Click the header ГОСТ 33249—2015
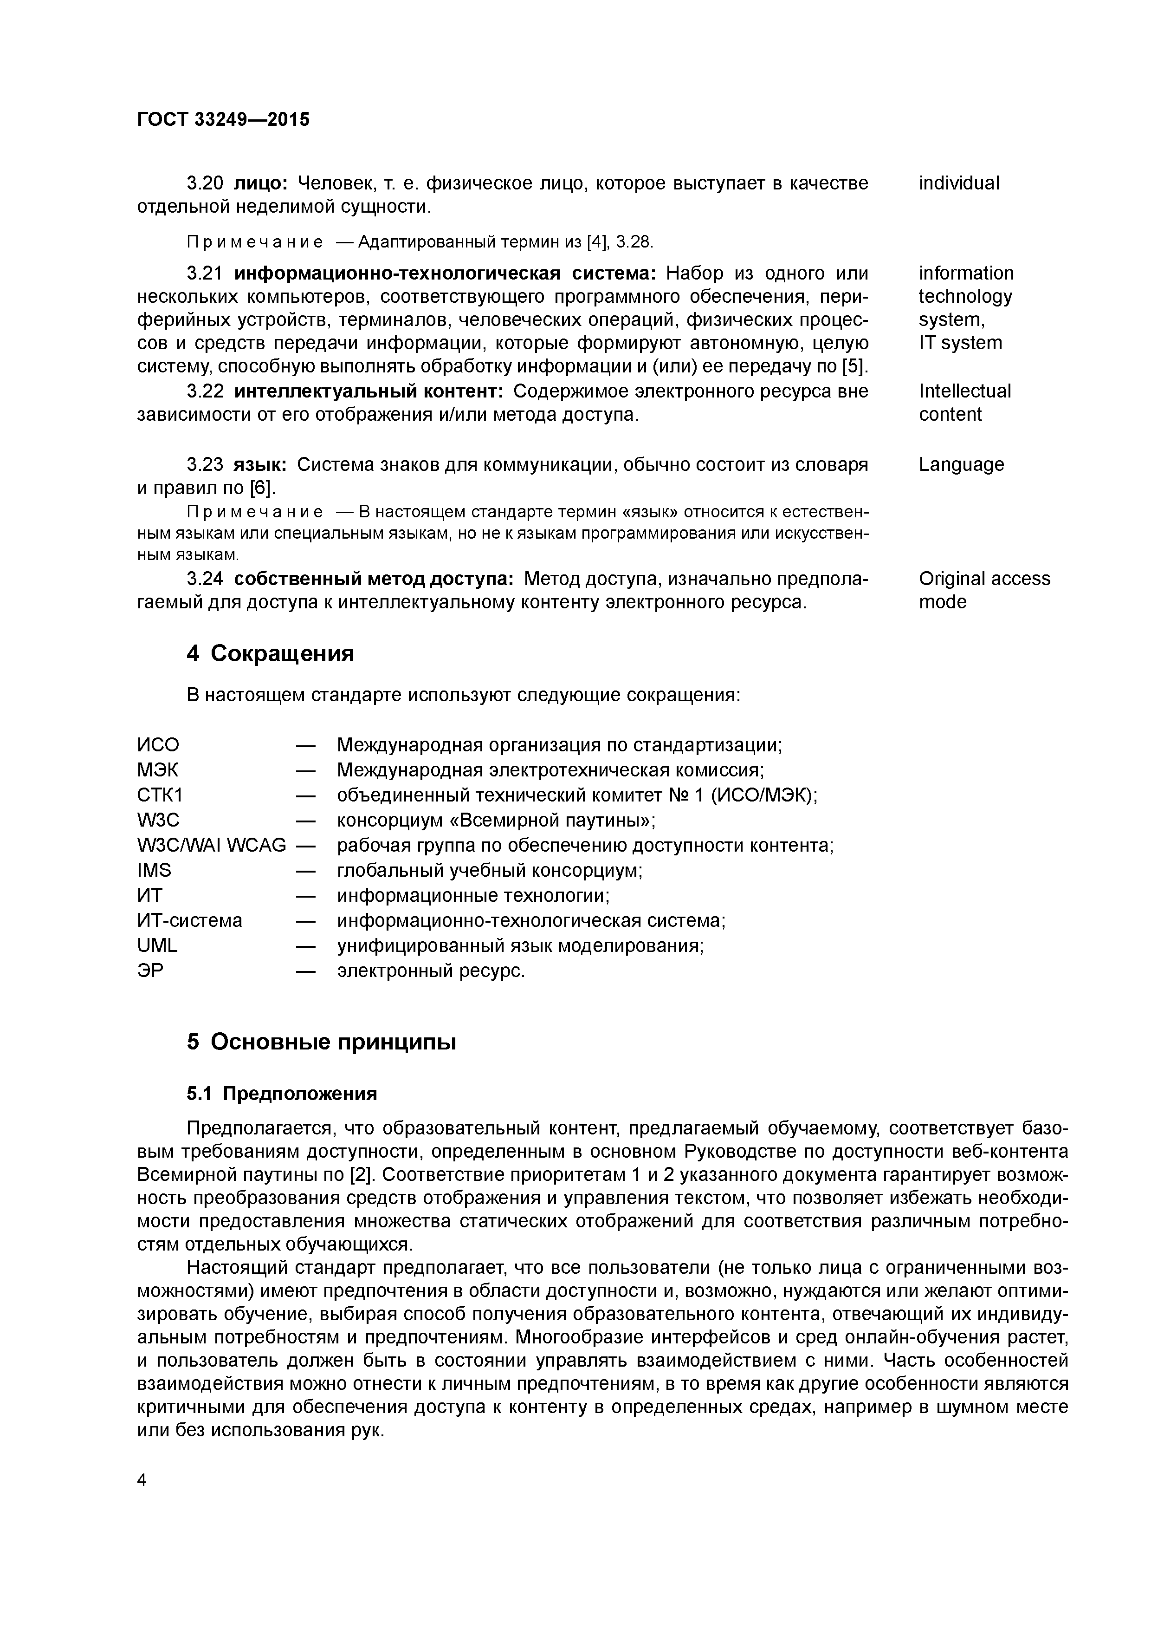tap(223, 119)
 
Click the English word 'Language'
tap(961, 465)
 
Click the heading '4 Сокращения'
tap(270, 653)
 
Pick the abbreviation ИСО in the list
tap(158, 745)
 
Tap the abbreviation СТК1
tap(160, 795)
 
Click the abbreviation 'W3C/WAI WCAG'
tap(211, 845)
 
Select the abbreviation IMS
tap(154, 870)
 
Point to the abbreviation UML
tap(157, 945)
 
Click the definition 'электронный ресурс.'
tap(431, 970)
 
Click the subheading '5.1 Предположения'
tap(282, 1093)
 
